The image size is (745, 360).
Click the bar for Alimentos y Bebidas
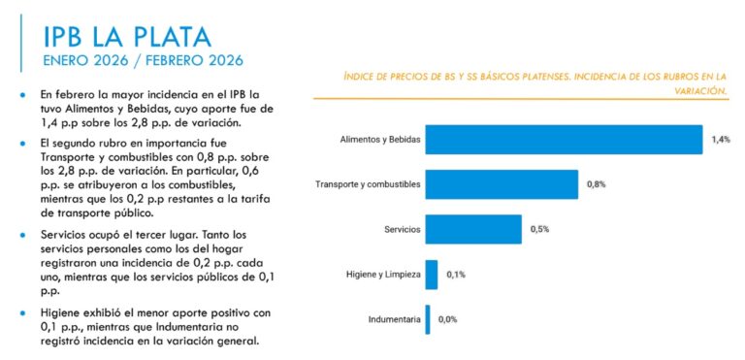click(563, 140)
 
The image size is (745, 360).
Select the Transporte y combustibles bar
click(502, 184)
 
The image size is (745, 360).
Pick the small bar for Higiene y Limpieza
click(432, 275)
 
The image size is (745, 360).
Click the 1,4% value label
click(720, 140)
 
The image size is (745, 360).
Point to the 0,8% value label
click(596, 184)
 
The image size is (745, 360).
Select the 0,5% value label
click(539, 229)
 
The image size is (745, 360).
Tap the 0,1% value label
click(456, 275)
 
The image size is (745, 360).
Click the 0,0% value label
click(447, 319)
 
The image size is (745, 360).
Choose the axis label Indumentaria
click(394, 319)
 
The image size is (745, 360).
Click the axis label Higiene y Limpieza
click(383, 275)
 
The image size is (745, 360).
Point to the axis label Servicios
click(403, 229)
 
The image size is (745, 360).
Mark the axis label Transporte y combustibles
click(369, 184)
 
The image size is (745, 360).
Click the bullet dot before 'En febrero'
click(22, 96)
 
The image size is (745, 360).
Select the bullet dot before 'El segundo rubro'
click(22, 143)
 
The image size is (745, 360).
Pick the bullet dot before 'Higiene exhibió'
click(22, 312)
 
